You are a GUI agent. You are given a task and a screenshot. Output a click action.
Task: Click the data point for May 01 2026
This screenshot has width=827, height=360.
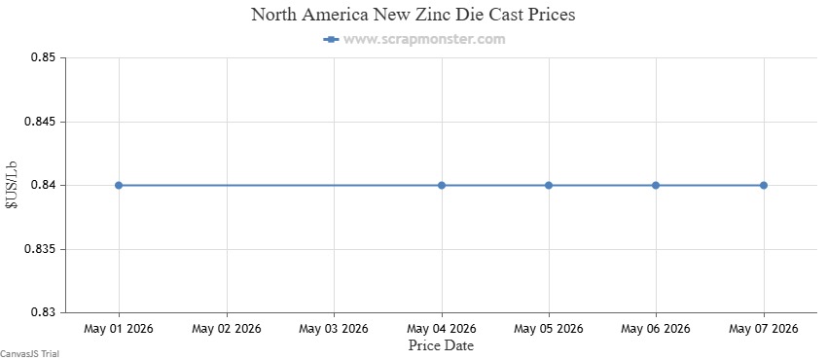119,185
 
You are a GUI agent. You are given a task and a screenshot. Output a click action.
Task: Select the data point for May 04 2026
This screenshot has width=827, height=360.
442,185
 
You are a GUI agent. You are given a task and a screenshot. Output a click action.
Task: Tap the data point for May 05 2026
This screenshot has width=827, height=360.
549,185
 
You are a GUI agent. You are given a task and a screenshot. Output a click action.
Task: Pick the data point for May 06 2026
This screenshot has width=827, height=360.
656,185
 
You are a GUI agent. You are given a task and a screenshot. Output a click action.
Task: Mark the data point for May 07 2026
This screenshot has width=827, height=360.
763,185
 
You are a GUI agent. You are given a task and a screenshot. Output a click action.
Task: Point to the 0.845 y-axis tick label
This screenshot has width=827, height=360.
40,122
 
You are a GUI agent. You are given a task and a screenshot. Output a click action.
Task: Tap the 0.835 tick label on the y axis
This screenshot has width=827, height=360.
40,249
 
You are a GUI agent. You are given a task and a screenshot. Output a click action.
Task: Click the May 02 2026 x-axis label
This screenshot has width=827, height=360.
227,329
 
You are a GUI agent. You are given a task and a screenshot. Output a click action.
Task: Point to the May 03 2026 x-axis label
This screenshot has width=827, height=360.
334,329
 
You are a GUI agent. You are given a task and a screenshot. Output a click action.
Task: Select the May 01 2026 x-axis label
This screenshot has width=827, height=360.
119,329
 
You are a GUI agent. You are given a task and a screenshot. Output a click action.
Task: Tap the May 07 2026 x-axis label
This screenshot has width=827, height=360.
763,329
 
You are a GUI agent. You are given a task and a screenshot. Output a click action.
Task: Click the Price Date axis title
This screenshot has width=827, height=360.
441,345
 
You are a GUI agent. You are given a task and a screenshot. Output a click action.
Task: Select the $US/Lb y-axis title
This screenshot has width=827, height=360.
12,185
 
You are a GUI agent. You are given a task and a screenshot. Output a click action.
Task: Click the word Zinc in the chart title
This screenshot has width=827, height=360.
435,15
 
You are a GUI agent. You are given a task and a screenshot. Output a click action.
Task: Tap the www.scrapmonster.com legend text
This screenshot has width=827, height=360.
424,39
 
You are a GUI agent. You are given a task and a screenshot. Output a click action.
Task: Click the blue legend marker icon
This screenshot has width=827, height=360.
331,39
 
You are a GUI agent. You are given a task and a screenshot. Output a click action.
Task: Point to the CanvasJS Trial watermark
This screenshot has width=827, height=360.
29,353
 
